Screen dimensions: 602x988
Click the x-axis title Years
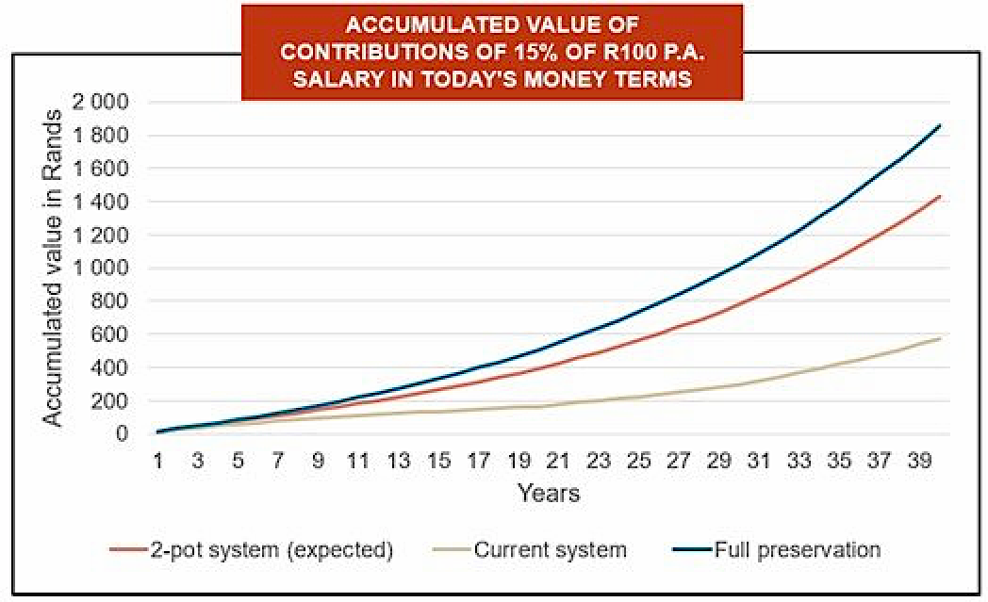pos(548,493)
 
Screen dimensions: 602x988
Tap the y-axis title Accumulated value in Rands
pos(56,268)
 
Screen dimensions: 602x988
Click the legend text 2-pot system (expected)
pos(270,549)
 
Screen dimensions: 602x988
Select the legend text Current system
pos(551,549)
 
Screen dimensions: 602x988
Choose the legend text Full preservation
pos(798,549)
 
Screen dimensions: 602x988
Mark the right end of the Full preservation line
pos(940,125)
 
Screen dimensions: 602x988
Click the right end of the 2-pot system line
pos(940,196)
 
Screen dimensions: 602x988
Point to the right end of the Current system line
pos(940,337)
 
